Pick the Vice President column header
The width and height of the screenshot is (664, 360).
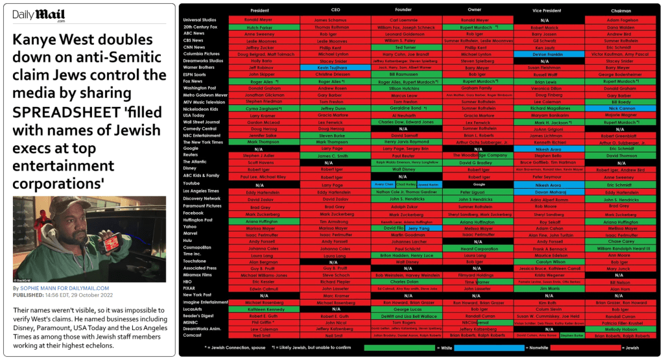pyautogui.click(x=547, y=11)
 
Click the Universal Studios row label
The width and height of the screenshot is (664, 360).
pyautogui.click(x=200, y=20)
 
